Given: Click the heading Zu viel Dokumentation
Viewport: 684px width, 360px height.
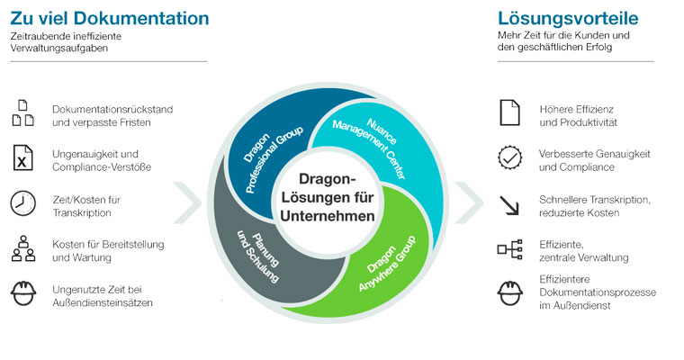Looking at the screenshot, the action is (110, 18).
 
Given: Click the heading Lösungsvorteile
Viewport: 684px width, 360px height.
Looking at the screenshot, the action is (568, 19).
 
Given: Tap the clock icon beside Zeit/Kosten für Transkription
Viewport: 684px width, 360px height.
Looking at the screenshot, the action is (22, 203).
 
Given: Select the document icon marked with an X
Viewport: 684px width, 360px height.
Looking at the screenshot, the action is (22, 157).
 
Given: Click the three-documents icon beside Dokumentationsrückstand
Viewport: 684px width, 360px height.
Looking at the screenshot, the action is (22, 113).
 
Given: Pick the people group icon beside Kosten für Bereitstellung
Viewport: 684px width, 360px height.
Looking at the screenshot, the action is (23, 248).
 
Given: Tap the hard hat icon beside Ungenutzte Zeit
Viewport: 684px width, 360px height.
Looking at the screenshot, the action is (23, 293).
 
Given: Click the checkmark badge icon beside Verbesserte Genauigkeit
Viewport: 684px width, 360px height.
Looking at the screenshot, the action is (509, 157).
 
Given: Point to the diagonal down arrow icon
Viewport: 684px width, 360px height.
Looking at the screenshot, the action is (509, 205).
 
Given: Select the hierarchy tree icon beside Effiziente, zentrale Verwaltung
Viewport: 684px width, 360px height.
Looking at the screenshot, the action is (509, 249).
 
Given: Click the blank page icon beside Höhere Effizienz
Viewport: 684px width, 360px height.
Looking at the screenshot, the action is (509, 112).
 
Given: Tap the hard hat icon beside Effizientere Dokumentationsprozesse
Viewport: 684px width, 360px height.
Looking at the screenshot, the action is (509, 292).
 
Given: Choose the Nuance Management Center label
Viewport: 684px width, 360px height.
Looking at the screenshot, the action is (371, 146).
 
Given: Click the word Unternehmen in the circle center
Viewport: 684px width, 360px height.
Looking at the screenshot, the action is (328, 216).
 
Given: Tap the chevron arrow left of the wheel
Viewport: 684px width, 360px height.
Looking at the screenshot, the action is (187, 202).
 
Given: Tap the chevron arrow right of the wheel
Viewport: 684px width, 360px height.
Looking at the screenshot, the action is (470, 202).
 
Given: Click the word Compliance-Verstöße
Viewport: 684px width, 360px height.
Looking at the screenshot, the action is (102, 167).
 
